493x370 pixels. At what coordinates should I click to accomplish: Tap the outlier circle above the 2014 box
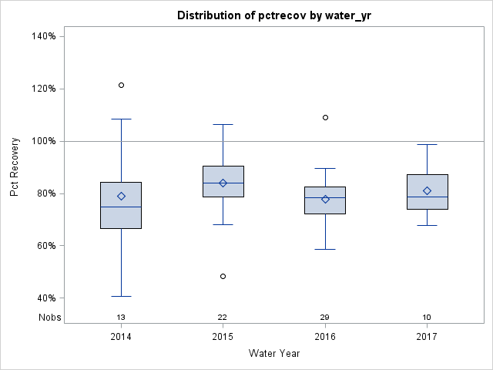(121, 85)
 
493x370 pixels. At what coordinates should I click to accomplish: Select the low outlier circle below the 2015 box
(223, 276)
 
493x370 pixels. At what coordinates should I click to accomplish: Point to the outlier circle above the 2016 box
(325, 117)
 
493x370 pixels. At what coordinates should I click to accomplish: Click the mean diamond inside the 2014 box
(121, 196)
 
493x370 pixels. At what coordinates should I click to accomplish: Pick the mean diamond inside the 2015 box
(223, 183)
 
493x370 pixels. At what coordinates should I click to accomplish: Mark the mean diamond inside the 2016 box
(325, 199)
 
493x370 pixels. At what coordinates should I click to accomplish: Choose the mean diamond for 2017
(427, 190)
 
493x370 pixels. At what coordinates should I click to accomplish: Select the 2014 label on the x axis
(121, 337)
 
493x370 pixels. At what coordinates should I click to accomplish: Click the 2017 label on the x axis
(427, 337)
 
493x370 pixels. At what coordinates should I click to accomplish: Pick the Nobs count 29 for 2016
(325, 318)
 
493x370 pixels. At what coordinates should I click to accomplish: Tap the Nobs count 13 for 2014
(121, 318)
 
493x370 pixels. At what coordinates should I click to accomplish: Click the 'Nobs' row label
(49, 318)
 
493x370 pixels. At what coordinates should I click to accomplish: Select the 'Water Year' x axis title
(274, 354)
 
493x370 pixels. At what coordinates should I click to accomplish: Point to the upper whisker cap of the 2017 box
(427, 144)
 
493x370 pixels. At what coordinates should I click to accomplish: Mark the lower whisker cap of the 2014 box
(121, 296)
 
